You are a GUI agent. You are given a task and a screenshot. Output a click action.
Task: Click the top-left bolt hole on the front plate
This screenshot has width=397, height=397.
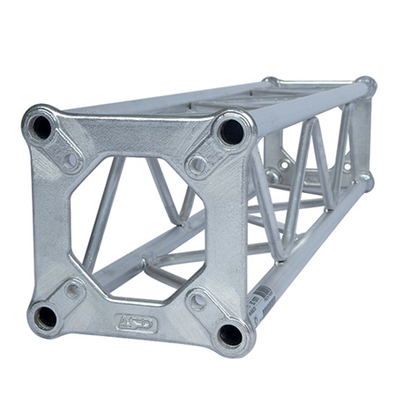(41, 128)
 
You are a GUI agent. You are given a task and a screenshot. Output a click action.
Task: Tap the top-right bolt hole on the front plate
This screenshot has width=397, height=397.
(231, 132)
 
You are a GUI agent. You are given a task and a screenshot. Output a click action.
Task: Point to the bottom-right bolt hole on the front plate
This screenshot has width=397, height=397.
(230, 334)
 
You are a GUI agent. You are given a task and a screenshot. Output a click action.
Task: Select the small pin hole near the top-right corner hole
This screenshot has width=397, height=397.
(198, 165)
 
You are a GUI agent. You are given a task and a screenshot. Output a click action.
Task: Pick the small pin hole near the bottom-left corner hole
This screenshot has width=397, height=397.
(74, 288)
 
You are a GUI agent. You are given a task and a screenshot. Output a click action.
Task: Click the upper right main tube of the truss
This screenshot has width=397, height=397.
(309, 105)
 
